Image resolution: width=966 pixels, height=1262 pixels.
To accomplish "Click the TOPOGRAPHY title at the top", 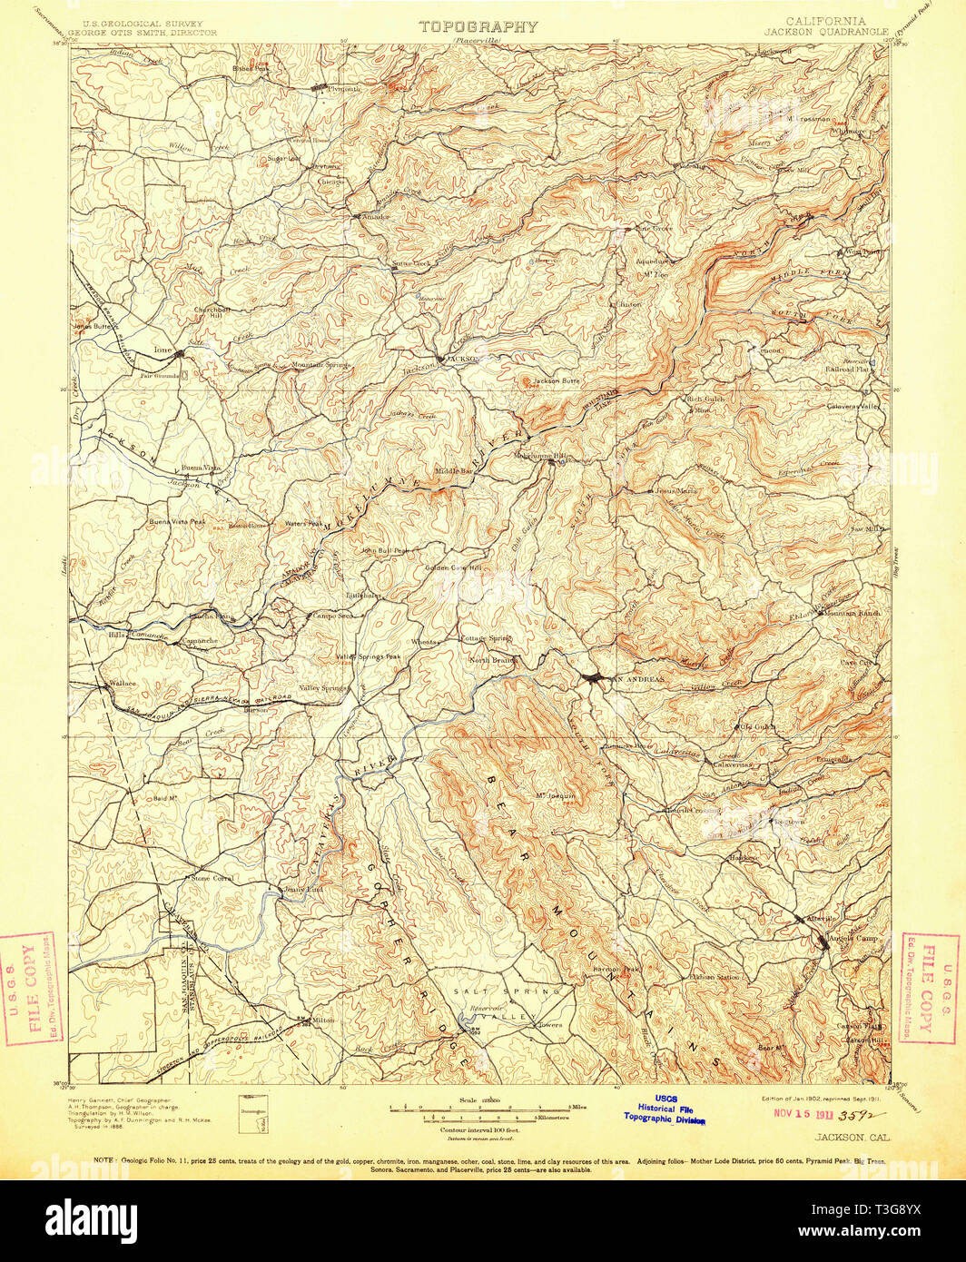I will click(x=478, y=26).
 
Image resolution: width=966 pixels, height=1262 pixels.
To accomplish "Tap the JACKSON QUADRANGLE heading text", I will click(x=825, y=31).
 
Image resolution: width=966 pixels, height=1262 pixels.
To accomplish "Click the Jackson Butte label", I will click(x=556, y=381).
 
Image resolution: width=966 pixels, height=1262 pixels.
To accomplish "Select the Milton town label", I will click(x=323, y=1020).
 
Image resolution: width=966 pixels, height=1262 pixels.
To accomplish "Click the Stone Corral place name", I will click(x=211, y=879).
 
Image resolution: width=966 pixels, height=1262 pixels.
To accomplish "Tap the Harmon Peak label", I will click(x=616, y=969).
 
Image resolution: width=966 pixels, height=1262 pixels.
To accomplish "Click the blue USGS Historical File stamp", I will click(x=664, y=1109).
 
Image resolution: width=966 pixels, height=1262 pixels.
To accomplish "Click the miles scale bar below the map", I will click(x=478, y=1107).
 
